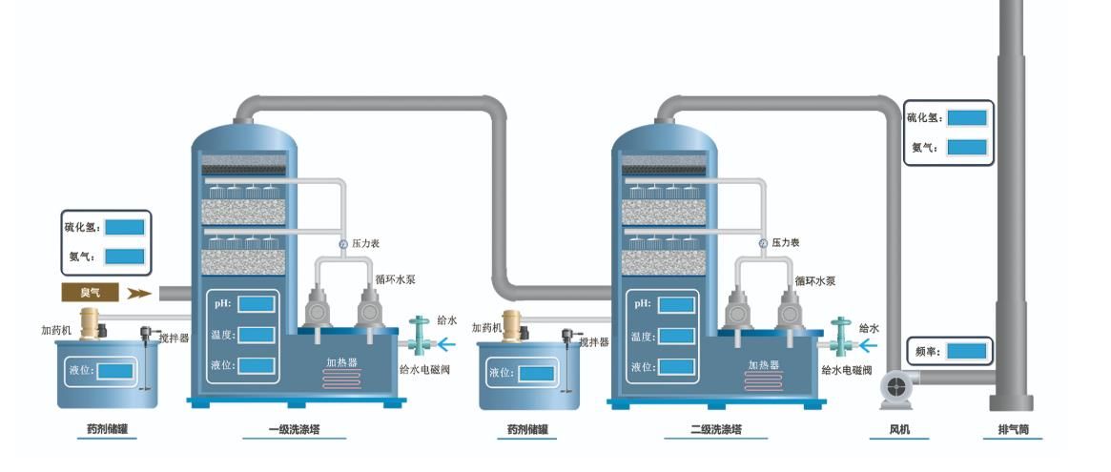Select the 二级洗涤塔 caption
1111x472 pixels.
point(715,430)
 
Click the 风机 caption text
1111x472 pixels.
point(899,430)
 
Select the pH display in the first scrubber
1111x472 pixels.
point(257,304)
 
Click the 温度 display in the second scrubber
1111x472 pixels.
point(676,336)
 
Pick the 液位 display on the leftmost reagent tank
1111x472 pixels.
point(115,370)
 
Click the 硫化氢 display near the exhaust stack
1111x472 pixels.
point(966,118)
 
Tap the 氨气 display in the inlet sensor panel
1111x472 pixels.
point(124,257)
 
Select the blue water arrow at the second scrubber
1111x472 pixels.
point(869,341)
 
